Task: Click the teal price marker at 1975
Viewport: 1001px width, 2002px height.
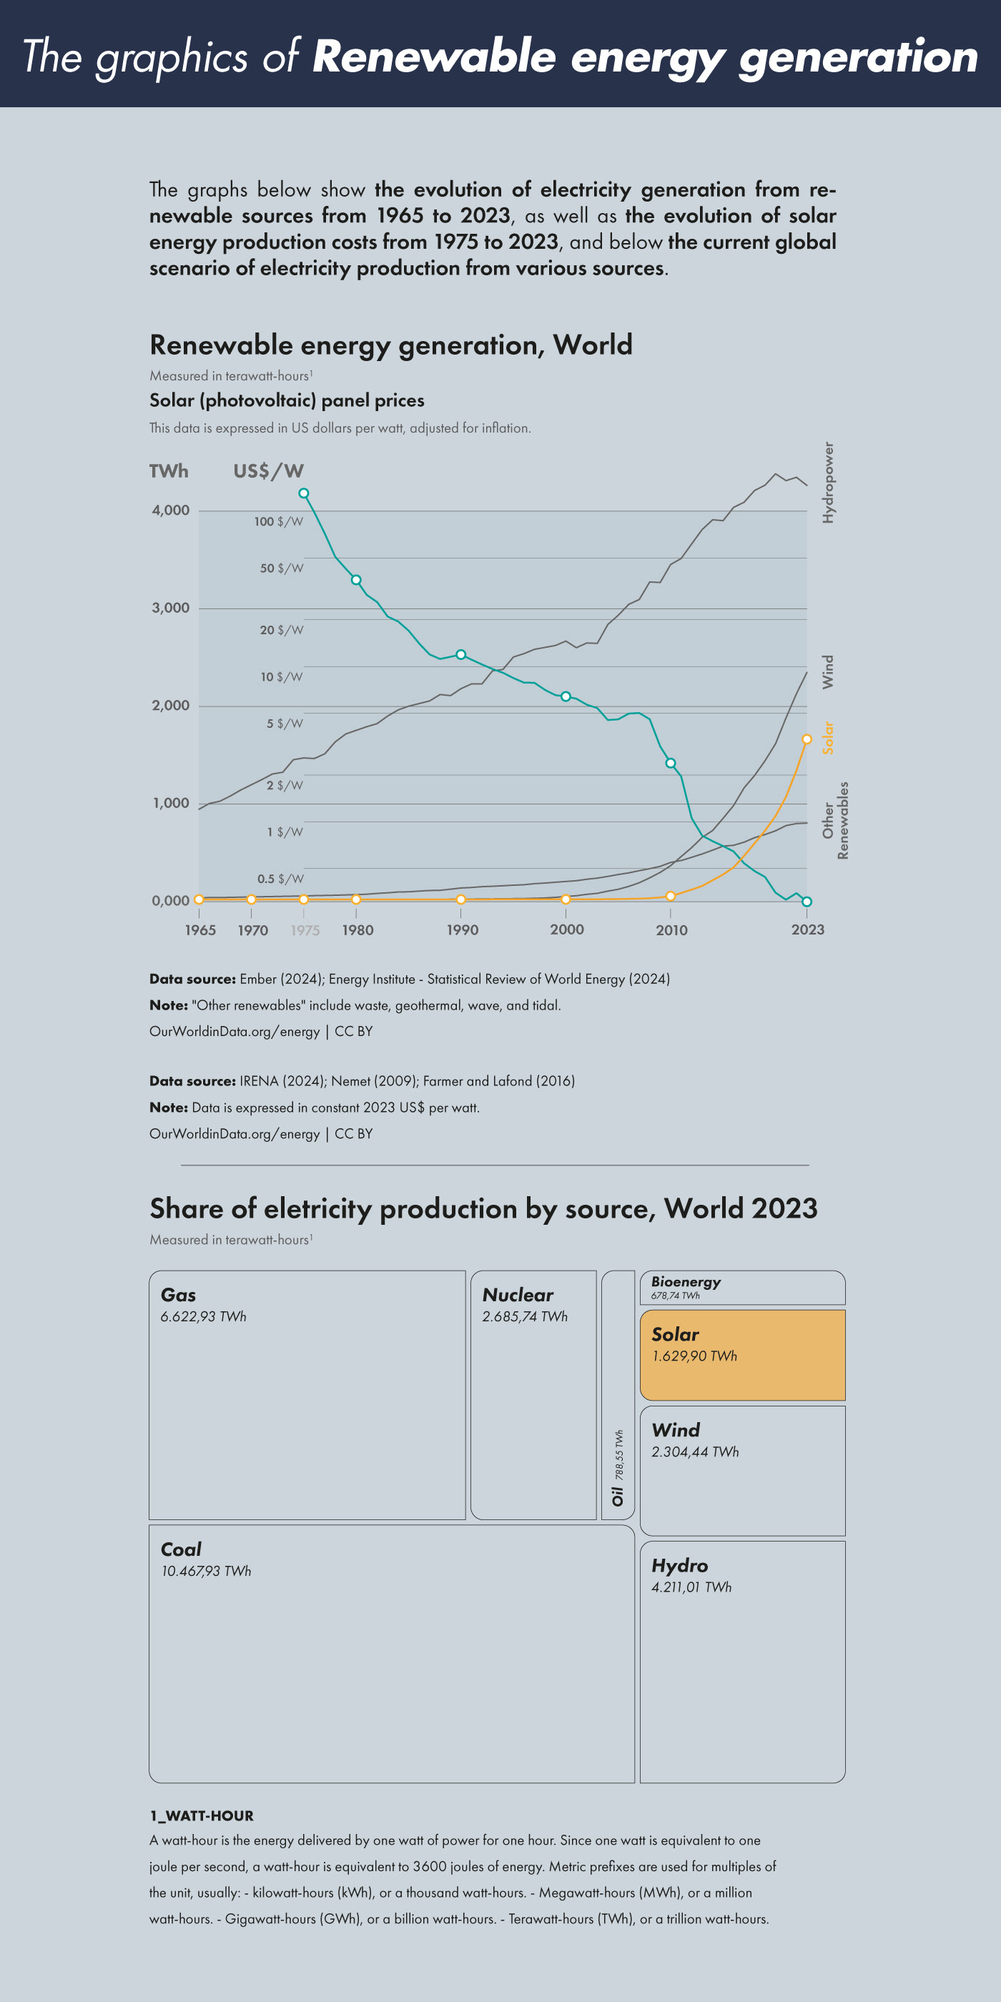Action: point(304,493)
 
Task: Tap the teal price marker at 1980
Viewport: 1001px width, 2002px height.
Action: point(356,580)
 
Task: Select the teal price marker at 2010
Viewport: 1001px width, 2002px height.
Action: point(671,763)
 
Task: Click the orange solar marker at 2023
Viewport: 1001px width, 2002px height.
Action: point(807,739)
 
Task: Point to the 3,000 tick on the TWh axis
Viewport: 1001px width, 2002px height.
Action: point(171,608)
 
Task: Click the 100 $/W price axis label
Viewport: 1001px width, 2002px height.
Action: point(278,521)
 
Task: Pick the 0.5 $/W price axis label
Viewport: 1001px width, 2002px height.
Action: point(280,879)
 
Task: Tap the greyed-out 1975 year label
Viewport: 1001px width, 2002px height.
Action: point(305,930)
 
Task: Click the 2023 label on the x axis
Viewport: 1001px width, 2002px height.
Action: point(807,929)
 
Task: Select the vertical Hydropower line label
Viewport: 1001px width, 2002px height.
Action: point(829,483)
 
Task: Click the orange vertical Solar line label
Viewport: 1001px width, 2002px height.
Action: point(829,738)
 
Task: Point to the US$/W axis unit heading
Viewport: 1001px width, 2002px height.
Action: point(269,471)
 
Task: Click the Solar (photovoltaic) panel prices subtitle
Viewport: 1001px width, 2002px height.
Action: point(287,401)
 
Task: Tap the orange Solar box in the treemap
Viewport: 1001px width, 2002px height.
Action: point(742,1356)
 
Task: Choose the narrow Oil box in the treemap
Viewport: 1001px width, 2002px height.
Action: point(618,1395)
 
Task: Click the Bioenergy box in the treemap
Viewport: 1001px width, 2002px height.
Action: point(742,1287)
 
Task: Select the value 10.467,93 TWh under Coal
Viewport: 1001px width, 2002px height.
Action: point(207,1571)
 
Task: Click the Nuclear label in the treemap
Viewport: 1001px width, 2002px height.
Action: point(518,1295)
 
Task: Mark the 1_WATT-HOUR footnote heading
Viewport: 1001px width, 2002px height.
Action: point(202,1815)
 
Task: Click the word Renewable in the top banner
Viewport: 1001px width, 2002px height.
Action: point(435,57)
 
